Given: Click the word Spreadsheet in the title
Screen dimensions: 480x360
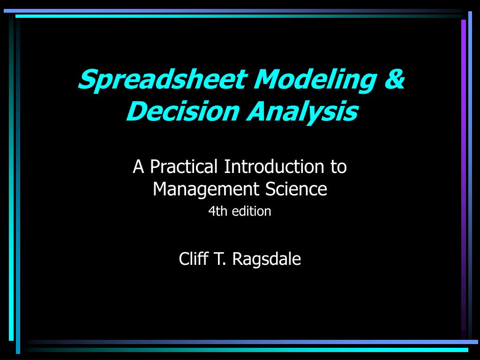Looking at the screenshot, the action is click(x=163, y=80).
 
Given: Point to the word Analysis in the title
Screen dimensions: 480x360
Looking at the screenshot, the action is click(x=302, y=112).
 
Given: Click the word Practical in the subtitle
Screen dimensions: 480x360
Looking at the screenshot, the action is click(x=184, y=166).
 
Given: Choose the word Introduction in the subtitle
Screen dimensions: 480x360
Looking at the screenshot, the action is click(x=274, y=166).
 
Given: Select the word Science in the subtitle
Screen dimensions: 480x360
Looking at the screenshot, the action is click(x=296, y=189).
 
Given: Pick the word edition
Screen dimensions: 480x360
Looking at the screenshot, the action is click(x=252, y=211).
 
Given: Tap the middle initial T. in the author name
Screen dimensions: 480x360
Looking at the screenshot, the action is click(x=220, y=259).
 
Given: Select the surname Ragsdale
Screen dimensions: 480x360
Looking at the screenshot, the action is click(x=267, y=259).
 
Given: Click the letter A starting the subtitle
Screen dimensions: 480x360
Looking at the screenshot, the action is click(x=138, y=167).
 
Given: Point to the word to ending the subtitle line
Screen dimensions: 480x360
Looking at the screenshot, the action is click(x=338, y=167).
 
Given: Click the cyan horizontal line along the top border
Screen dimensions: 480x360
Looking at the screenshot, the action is click(x=239, y=16).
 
